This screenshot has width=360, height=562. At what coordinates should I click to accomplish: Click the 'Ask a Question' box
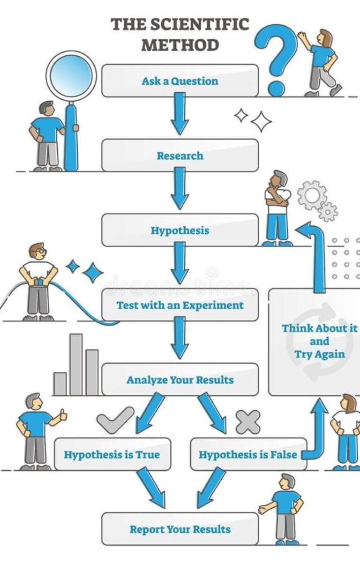click(x=180, y=81)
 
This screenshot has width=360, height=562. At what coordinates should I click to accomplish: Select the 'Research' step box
click(x=180, y=155)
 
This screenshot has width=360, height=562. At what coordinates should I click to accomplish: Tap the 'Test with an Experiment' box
click(x=180, y=305)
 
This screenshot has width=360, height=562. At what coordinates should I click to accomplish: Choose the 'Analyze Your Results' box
click(x=180, y=380)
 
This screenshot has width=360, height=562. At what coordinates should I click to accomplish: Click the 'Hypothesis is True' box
click(x=112, y=454)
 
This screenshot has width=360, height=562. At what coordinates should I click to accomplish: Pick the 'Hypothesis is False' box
click(x=248, y=454)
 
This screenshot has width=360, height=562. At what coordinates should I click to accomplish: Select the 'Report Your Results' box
click(x=180, y=529)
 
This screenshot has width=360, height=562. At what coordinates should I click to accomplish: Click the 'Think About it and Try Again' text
click(x=319, y=341)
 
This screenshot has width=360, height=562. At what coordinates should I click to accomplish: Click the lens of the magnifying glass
click(x=71, y=75)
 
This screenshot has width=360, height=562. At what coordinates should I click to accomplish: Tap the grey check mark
click(x=115, y=420)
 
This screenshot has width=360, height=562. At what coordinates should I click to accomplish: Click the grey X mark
click(x=248, y=422)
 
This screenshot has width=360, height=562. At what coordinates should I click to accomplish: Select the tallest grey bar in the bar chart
click(x=76, y=364)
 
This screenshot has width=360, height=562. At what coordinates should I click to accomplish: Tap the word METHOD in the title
click(x=180, y=45)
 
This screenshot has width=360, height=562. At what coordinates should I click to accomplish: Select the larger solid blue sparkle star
click(x=93, y=273)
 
